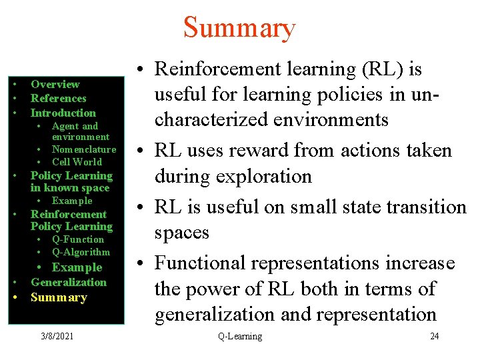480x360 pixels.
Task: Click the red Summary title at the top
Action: tap(239, 28)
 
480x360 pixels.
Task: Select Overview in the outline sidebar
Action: tap(55, 85)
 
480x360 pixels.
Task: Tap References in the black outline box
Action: tap(59, 99)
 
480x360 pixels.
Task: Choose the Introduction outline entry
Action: tap(63, 113)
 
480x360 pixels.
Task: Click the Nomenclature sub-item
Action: tap(84, 149)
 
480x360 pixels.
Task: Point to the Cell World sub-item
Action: tap(77, 162)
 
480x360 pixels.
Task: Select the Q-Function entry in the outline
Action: tap(78, 239)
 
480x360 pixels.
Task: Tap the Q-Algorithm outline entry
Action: tap(81, 252)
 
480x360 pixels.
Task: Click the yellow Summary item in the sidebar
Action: tap(59, 297)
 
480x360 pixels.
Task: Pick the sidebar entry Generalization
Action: tap(69, 282)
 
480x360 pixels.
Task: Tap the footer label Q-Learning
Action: tap(240, 336)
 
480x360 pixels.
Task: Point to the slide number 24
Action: tap(434, 336)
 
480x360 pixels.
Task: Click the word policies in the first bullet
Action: tap(329, 95)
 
